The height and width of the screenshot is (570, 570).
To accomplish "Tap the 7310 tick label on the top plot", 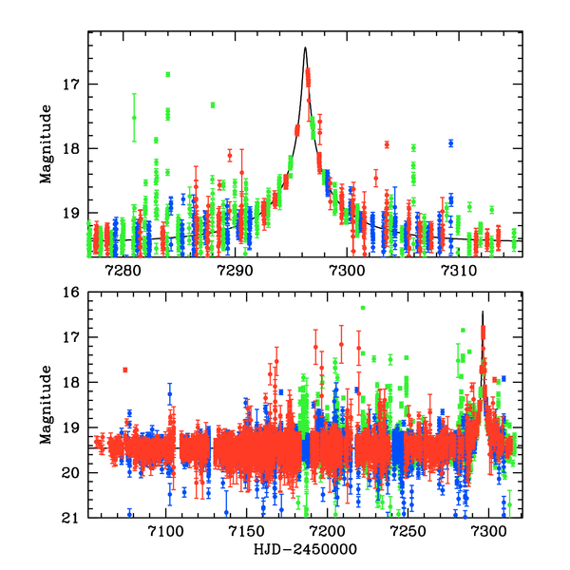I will coord(458,271).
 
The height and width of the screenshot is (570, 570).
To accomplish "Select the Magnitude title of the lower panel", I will coord(46,406).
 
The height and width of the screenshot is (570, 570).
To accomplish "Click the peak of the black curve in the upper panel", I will coord(305,47).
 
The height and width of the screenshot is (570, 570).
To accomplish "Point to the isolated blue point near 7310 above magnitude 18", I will coord(451,142).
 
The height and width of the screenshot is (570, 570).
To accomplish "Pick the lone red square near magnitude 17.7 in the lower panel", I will coord(124,370).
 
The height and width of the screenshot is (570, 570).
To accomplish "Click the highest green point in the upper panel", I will coord(167,74).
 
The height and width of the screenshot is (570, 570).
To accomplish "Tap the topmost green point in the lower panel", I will coord(362,308).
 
